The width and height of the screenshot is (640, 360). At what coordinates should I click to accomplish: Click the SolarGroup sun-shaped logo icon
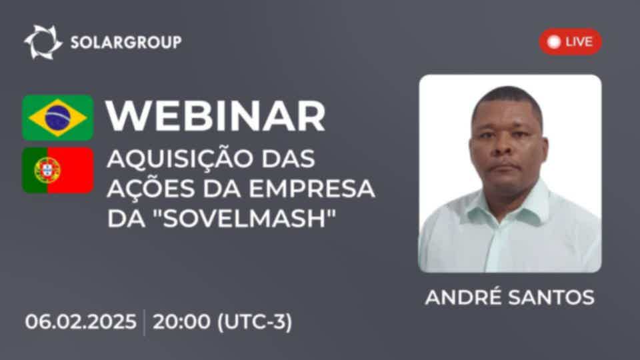(43, 42)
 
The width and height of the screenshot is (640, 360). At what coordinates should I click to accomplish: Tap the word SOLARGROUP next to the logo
(126, 42)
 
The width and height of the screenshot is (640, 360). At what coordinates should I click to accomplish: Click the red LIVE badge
(570, 41)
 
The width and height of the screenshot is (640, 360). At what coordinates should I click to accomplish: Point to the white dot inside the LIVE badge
(554, 41)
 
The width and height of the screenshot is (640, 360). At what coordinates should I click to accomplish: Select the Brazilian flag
(57, 117)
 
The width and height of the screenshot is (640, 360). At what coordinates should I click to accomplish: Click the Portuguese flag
(57, 170)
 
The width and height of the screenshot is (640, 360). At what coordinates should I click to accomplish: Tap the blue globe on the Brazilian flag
(57, 117)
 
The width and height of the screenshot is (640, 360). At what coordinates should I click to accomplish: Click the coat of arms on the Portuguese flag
(47, 170)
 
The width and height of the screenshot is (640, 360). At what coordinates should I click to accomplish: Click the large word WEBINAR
(215, 116)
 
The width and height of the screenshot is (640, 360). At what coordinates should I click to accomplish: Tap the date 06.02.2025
(81, 321)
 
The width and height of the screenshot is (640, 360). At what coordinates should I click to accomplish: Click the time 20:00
(181, 321)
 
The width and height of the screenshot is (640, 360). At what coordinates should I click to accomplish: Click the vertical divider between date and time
(145, 323)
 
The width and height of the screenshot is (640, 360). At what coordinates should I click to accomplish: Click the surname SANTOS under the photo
(551, 297)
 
